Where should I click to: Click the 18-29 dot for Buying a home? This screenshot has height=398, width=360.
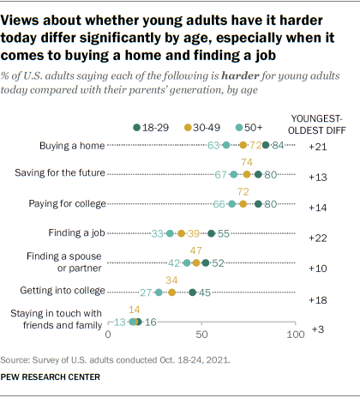(267, 145)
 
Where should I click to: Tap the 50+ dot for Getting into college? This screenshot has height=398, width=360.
(159, 292)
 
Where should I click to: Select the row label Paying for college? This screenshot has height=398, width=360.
(72, 204)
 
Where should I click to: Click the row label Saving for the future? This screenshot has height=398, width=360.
(60, 174)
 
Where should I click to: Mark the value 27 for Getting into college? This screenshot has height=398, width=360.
(145, 292)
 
